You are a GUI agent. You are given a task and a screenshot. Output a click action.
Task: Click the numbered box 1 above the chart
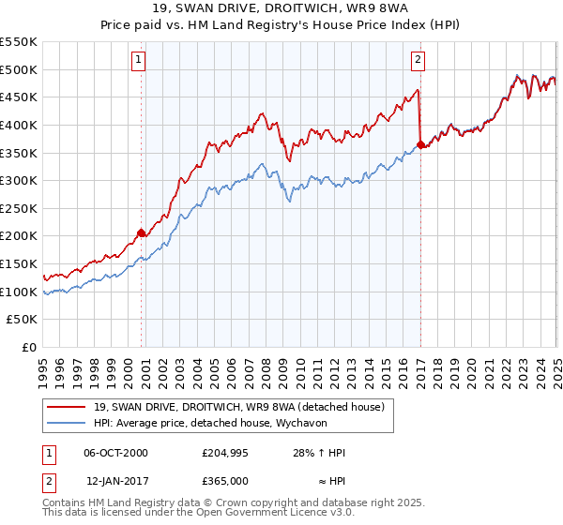click(x=138, y=61)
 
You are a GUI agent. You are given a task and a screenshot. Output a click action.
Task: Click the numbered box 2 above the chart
click(x=418, y=61)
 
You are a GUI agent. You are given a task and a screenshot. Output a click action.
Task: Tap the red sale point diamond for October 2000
click(x=142, y=232)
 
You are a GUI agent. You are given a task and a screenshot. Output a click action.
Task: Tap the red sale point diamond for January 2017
click(x=419, y=143)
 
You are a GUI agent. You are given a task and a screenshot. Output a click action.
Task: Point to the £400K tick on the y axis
click(x=20, y=125)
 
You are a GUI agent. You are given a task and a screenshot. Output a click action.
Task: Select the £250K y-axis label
click(x=20, y=208)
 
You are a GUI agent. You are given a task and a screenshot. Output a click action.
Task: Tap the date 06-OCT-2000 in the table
click(x=116, y=453)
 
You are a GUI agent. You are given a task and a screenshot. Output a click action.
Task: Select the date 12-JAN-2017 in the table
click(x=116, y=481)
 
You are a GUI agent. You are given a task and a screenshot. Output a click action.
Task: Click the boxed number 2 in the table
click(x=46, y=481)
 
